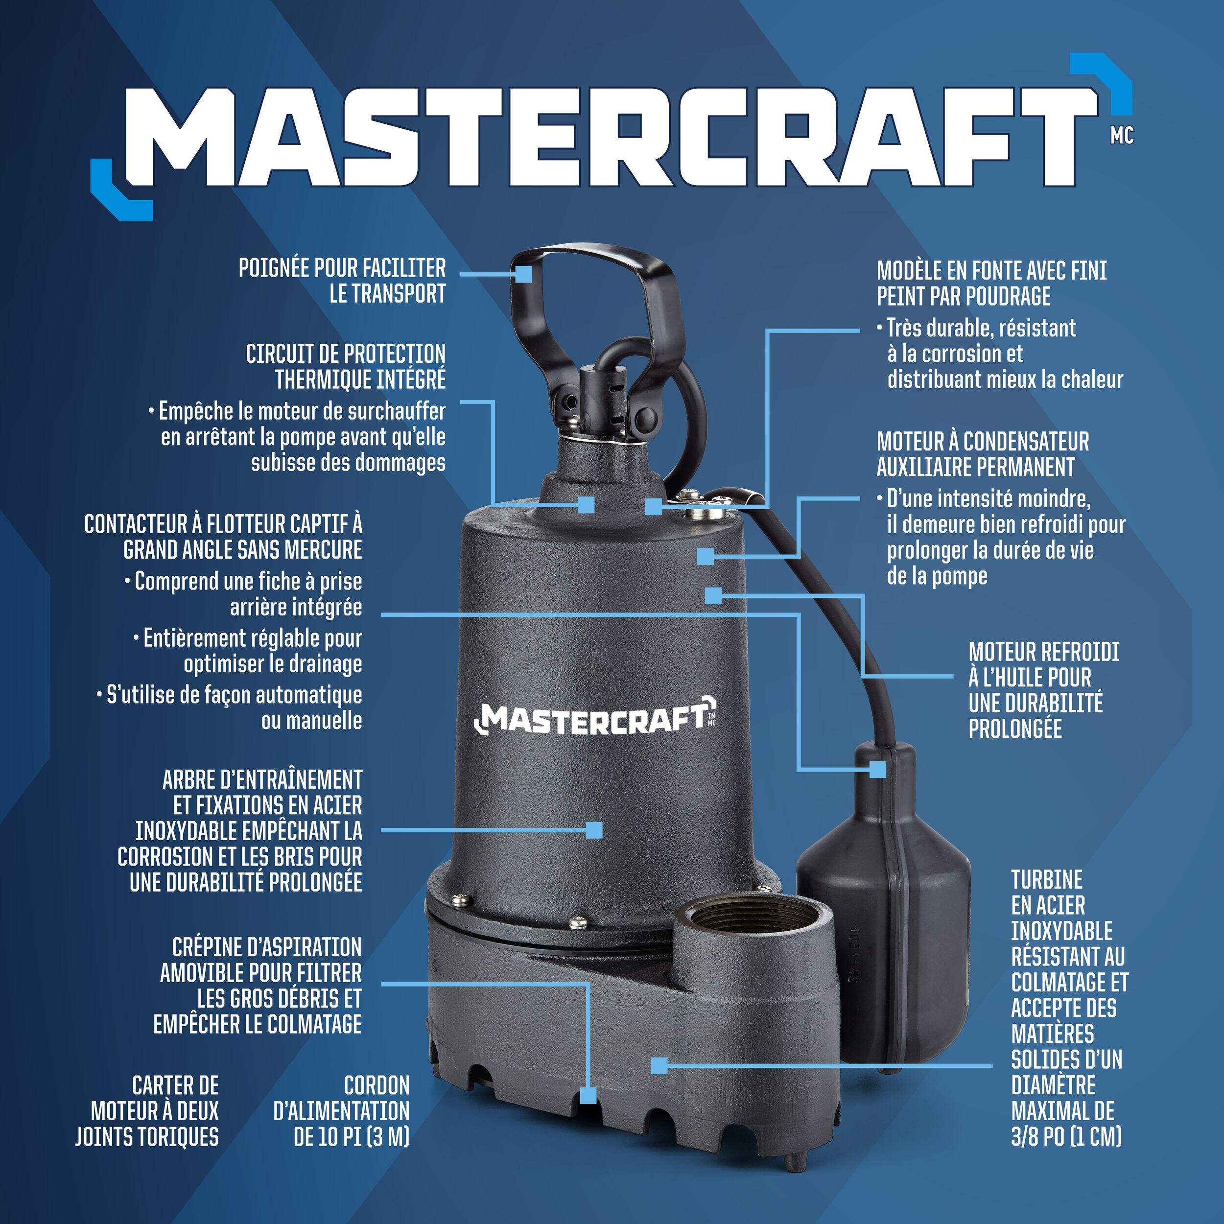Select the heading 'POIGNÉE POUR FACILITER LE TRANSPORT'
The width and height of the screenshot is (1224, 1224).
click(342, 281)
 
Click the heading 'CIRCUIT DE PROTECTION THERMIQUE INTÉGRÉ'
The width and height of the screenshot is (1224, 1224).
click(346, 367)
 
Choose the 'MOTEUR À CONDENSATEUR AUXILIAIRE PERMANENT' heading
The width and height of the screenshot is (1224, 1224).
click(983, 454)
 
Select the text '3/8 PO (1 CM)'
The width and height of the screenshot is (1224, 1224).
click(1066, 1136)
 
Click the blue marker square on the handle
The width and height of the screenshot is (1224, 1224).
click(523, 274)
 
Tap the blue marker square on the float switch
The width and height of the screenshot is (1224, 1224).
click(877, 769)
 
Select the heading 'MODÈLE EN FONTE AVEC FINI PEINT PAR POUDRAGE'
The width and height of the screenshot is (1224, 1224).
click(991, 283)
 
